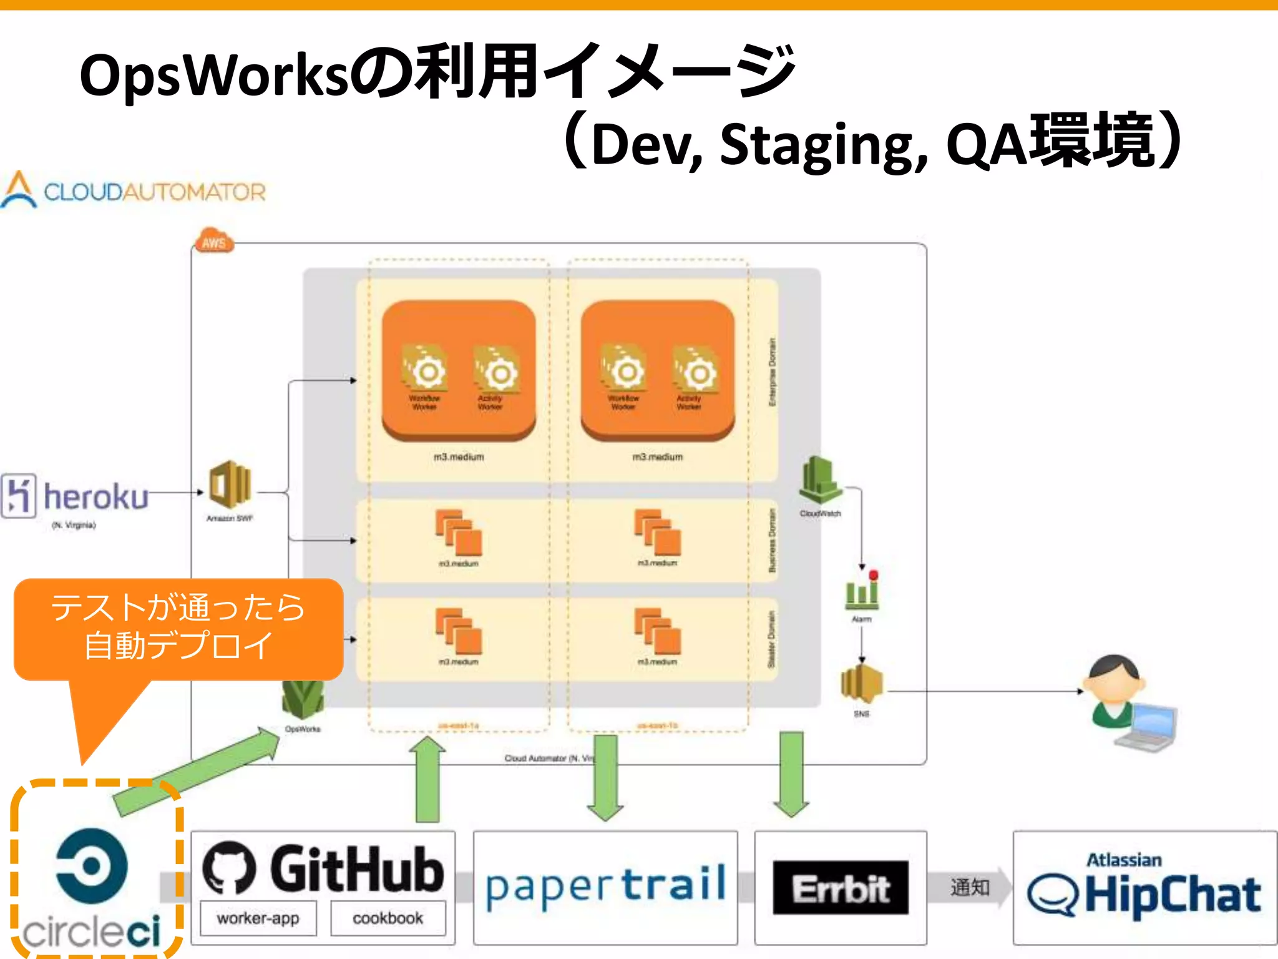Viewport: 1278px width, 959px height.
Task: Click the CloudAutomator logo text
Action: [x=154, y=192]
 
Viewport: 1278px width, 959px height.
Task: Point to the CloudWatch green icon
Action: [x=820, y=479]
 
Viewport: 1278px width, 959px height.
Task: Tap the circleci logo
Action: [x=92, y=887]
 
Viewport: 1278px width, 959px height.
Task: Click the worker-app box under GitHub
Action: [x=258, y=918]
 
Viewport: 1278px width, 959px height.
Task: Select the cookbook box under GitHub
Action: [x=388, y=918]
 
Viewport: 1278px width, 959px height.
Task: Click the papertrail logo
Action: [x=605, y=887]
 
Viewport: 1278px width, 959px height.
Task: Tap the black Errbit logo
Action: [x=841, y=888]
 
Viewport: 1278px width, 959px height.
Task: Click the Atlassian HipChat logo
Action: [x=1144, y=887]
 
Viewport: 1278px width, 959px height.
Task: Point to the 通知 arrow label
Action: [x=969, y=887]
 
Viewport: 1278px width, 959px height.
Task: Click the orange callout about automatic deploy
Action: [x=178, y=627]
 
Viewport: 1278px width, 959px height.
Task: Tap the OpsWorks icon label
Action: [x=303, y=729]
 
